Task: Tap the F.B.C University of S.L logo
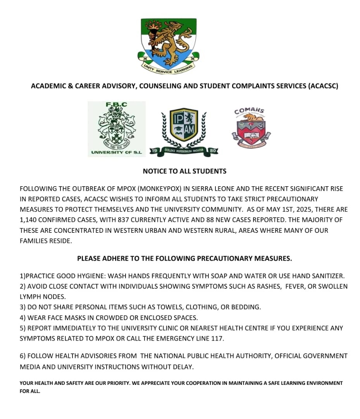117,129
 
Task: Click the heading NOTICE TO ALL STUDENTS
184,171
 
